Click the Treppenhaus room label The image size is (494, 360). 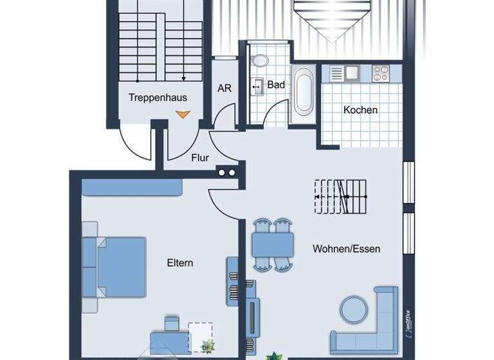coord(158,98)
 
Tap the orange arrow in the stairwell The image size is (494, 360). coord(183,114)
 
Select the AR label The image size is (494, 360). coord(224,88)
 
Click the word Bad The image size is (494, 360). coord(276,84)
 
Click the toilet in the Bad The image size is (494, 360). coord(261,61)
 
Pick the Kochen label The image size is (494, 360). coord(360,110)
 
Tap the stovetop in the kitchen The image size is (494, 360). coord(381,73)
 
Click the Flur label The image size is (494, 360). coord(200,156)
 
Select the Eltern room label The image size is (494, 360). coord(180,263)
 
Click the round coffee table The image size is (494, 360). coord(353,310)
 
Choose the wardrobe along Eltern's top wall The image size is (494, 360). coord(133,186)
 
